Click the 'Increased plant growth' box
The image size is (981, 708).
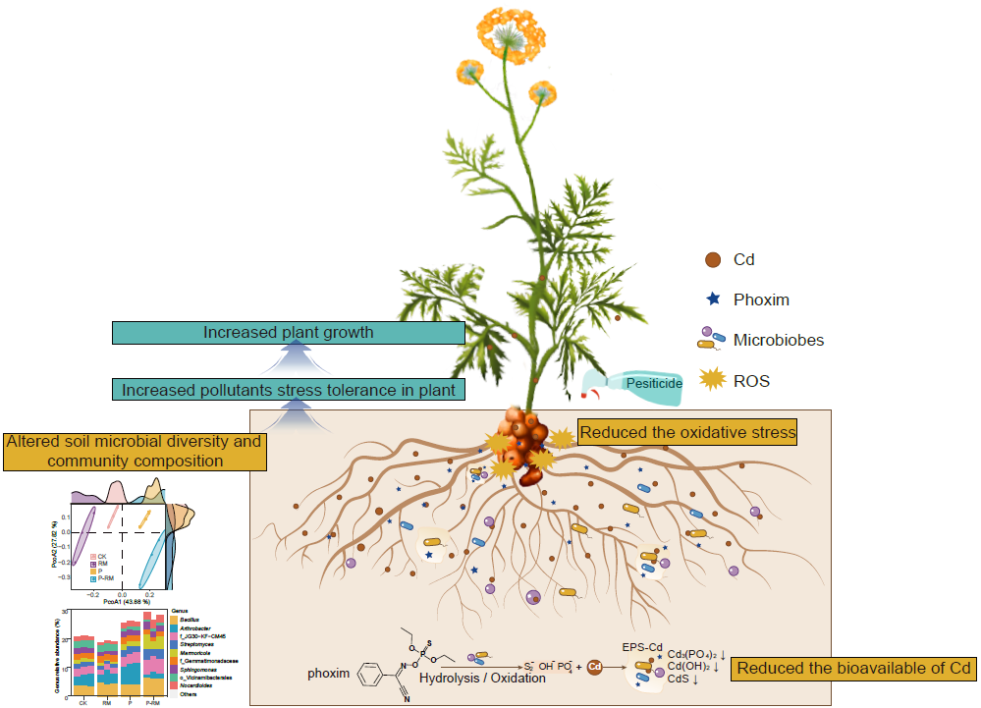click(x=288, y=332)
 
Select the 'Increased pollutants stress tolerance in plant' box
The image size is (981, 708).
click(x=288, y=390)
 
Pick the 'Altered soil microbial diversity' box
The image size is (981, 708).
click(x=134, y=451)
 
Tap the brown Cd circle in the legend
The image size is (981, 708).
click(x=713, y=260)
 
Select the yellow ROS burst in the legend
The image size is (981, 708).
click(x=714, y=380)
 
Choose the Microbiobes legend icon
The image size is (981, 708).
click(x=712, y=340)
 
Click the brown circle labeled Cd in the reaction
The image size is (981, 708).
click(x=594, y=668)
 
